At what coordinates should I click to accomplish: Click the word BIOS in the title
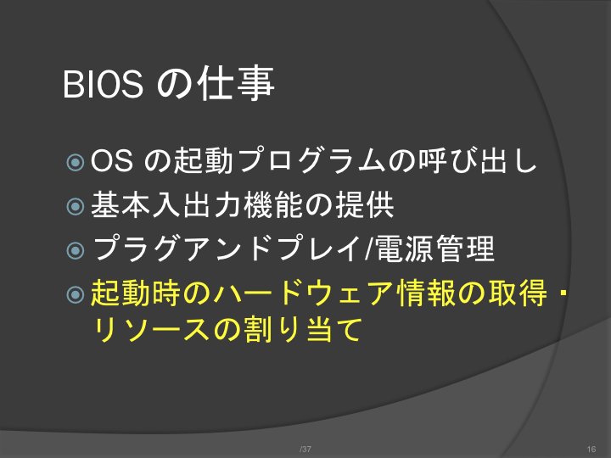(x=103, y=84)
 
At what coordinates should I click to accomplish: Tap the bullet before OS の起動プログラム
(x=76, y=162)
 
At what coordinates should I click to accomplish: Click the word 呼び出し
(x=478, y=160)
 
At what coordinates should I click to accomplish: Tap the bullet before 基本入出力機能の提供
(x=76, y=206)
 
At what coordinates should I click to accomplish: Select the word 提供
(x=365, y=204)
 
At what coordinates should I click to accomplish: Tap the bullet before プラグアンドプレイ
(x=76, y=250)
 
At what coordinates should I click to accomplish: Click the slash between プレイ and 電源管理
(x=367, y=249)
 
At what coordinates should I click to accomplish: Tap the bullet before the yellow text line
(x=76, y=294)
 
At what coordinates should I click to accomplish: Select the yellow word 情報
(x=426, y=293)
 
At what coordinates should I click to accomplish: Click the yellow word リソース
(x=150, y=330)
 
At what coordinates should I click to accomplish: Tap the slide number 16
(x=591, y=449)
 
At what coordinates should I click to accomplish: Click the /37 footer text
(x=305, y=449)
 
